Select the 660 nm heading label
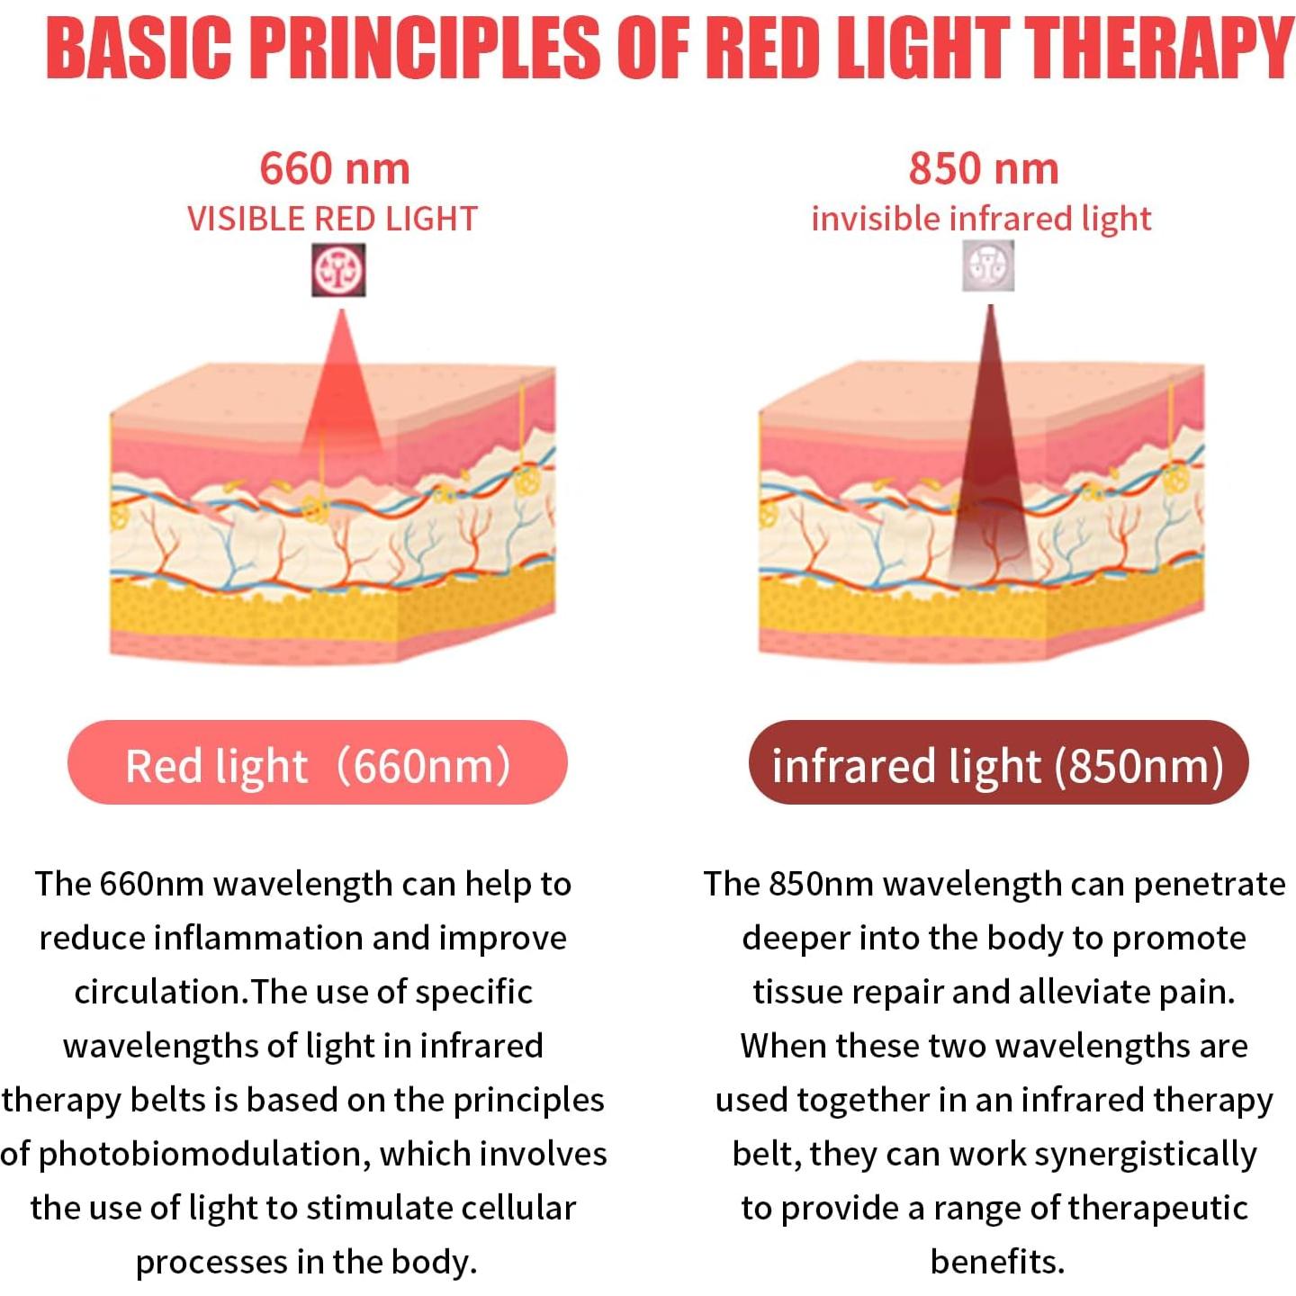pyautogui.click(x=334, y=168)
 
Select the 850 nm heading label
pyautogui.click(x=984, y=168)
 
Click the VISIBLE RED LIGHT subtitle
pyautogui.click(x=332, y=220)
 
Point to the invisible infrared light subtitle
pyautogui.click(x=981, y=220)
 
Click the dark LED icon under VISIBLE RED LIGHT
pyautogui.click(x=339, y=270)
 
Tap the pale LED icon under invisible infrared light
pyautogui.click(x=988, y=265)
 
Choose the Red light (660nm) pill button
pyautogui.click(x=318, y=762)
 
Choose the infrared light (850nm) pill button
pyautogui.click(x=998, y=762)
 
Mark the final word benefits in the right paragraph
pyautogui.click(x=997, y=1262)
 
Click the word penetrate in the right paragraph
pyautogui.click(x=1210, y=885)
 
